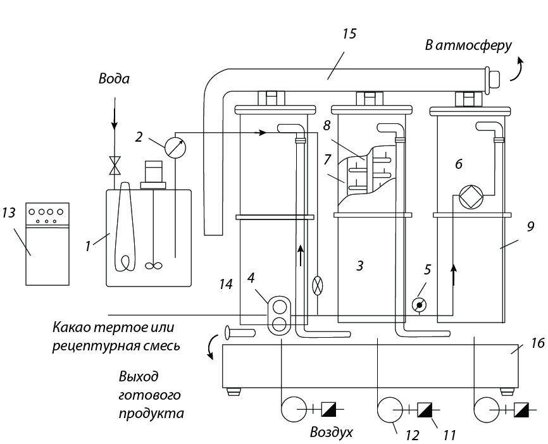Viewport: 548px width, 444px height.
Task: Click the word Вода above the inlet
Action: coord(114,78)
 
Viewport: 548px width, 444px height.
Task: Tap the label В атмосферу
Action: coord(468,46)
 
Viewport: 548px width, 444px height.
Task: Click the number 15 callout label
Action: coord(349,34)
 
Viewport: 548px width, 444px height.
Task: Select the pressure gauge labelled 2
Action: coord(175,147)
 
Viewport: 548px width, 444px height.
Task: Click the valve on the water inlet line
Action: coord(115,166)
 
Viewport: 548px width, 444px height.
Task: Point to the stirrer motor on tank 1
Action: coord(153,175)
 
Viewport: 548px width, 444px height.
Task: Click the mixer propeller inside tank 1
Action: coord(154,266)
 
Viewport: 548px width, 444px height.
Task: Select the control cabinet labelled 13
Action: coord(47,244)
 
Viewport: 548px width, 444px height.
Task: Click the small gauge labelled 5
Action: coord(419,305)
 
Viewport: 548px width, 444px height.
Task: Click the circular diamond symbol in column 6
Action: coord(471,197)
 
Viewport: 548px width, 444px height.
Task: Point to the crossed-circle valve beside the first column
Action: coord(317,286)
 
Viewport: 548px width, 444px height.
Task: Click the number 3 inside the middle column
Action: coord(360,266)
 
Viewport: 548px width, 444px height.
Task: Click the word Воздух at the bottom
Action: coord(332,433)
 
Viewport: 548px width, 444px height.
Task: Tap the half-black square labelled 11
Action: coord(425,409)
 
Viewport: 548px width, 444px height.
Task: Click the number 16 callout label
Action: coord(537,343)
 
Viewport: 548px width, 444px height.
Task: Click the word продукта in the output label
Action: coord(151,414)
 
